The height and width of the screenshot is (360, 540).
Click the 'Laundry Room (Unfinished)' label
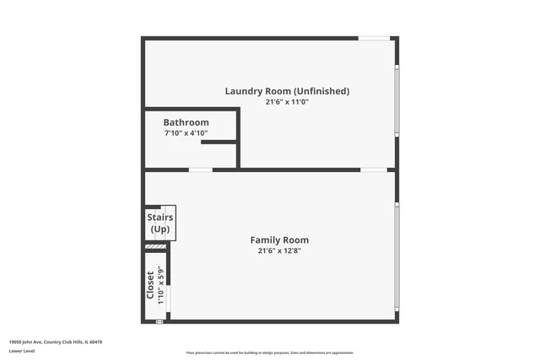(287, 91)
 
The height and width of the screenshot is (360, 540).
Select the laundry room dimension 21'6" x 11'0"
(287, 102)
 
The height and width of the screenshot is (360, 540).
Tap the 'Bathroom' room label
(186, 122)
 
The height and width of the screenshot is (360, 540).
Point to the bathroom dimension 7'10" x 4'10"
(186, 133)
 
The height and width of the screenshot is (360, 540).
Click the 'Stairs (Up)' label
(159, 223)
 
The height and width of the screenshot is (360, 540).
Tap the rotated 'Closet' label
(150, 284)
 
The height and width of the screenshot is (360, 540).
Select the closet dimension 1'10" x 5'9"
(160, 284)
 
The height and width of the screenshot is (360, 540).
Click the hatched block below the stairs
(156, 246)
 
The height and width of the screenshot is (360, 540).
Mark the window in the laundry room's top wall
(374, 38)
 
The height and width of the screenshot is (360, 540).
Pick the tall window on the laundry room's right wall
(397, 101)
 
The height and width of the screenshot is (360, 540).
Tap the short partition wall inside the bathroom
(219, 143)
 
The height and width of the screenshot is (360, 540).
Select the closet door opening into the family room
(168, 298)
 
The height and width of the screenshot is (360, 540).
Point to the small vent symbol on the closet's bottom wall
(159, 321)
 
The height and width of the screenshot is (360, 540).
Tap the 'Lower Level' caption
(22, 351)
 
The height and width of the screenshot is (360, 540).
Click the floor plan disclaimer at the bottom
(269, 352)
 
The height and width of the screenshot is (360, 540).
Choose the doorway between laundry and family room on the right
(374, 170)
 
